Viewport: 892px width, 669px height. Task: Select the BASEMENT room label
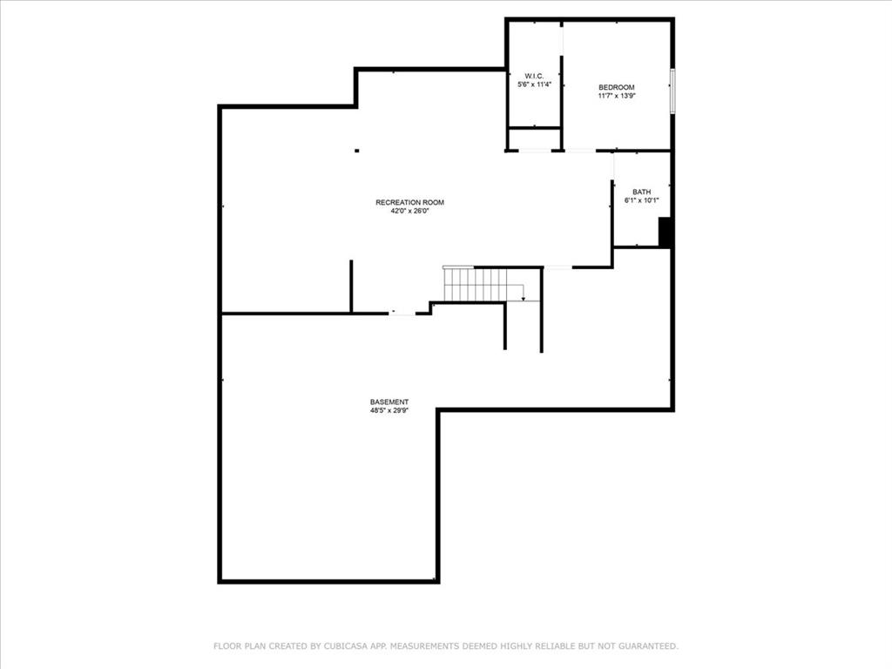(389, 402)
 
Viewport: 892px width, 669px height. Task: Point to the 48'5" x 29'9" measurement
(389, 410)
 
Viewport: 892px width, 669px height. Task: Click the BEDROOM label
(616, 87)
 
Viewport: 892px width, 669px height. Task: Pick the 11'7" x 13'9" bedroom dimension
(616, 96)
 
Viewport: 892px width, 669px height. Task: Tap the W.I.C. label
(534, 76)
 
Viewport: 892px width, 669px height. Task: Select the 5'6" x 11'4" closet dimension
(534, 84)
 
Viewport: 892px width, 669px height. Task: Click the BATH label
(641, 192)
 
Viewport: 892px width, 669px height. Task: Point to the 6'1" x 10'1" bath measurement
(641, 200)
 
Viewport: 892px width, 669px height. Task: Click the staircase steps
(476, 283)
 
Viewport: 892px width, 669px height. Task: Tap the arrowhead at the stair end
(524, 300)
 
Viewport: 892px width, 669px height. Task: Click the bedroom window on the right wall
(672, 91)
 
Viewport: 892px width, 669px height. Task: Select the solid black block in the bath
(664, 233)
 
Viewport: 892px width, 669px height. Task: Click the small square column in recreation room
(356, 151)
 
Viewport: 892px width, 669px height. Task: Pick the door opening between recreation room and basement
(402, 313)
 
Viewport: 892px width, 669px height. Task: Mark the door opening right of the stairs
(557, 267)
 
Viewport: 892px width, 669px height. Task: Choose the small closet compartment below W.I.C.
(534, 139)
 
